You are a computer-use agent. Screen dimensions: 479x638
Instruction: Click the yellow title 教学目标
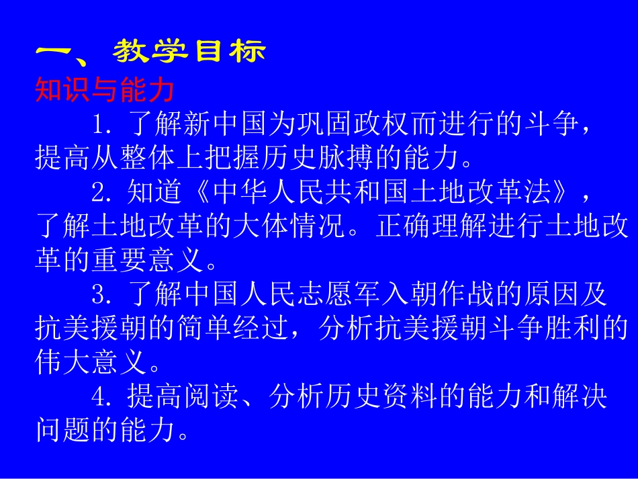click(190, 52)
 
